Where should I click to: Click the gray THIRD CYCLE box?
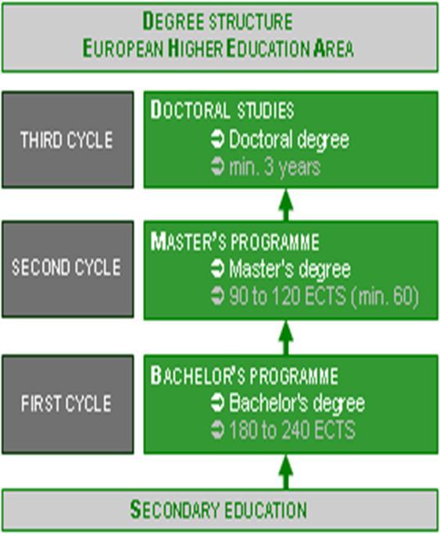pos(67,140)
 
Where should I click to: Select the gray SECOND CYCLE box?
pos(67,269)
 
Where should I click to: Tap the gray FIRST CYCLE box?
pos(67,404)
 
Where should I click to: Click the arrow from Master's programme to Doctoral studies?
pos(285,205)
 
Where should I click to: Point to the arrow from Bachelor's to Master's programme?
pos(285,338)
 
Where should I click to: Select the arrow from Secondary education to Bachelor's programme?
pos(285,472)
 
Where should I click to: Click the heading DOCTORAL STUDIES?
pos(222,110)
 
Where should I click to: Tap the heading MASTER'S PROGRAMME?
pos(234,241)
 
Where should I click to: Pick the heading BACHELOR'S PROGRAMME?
pos(244,376)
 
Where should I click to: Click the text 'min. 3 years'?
pos(274,167)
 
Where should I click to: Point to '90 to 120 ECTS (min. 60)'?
pos(324,296)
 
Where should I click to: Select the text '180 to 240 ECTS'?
pos(292,430)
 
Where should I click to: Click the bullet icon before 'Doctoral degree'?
pos(217,140)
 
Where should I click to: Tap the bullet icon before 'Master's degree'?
pos(217,269)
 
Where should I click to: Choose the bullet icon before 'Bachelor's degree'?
pos(217,403)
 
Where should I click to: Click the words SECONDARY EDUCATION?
pos(219,510)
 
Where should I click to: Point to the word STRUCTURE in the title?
pos(251,21)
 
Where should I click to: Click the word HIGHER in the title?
pos(195,48)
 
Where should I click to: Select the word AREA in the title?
pos(334,48)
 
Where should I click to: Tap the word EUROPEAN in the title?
pos(123,48)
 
